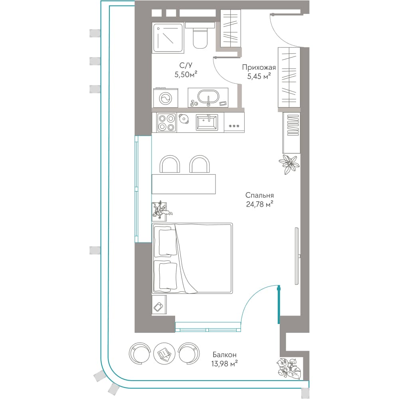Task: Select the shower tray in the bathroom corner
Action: point(168,38)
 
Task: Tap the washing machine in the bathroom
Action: point(166,98)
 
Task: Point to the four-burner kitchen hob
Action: point(167,122)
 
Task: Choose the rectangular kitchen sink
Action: point(207,122)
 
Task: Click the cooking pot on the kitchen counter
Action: point(184,119)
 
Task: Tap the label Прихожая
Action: point(259,67)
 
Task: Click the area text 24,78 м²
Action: point(260,204)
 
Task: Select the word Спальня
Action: point(260,196)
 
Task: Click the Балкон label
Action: point(225,354)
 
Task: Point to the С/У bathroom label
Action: point(186,65)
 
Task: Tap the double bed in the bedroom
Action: point(192,258)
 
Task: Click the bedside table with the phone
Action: point(159,305)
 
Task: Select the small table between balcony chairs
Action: point(164,354)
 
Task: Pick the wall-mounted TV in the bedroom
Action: point(297,256)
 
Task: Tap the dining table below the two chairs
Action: point(184,184)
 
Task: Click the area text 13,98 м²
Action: point(224,363)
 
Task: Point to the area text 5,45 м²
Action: point(259,76)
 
